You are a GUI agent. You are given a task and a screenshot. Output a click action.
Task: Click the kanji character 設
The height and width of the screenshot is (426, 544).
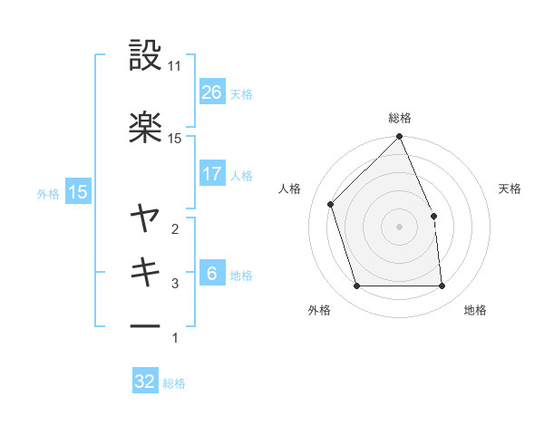click(x=146, y=55)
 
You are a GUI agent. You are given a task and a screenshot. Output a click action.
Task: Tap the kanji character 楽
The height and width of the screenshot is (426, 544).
click(x=146, y=127)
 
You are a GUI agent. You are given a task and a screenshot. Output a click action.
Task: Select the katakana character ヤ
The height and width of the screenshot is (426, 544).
click(x=146, y=218)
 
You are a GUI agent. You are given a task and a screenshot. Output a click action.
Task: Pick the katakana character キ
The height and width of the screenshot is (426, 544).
click(x=146, y=271)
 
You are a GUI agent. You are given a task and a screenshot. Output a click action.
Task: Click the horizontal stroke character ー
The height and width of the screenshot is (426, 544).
click(x=146, y=325)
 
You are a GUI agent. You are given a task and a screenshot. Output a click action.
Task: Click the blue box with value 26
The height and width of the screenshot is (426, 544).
click(x=211, y=92)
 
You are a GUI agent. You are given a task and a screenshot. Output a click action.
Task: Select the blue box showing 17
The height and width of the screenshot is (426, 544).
click(x=211, y=174)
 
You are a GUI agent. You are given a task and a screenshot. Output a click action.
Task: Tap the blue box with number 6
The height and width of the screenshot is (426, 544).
click(x=211, y=274)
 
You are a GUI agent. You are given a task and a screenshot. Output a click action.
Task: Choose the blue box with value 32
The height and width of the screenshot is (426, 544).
click(x=145, y=382)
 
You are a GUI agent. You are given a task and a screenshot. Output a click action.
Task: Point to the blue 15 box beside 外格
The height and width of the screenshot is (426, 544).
click(x=78, y=191)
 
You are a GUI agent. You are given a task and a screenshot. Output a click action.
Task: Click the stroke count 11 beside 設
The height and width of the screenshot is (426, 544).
click(x=176, y=66)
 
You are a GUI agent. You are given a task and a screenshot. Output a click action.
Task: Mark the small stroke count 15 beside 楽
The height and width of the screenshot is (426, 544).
click(x=176, y=138)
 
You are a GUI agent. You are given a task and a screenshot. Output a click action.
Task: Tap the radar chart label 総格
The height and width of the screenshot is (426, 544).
click(x=400, y=118)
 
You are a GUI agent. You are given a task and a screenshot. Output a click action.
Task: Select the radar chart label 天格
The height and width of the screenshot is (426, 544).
click(x=510, y=189)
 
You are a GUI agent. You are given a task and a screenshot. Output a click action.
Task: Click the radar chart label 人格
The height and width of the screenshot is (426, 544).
click(x=290, y=189)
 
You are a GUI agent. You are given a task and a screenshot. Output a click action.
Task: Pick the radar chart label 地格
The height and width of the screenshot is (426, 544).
click(x=475, y=311)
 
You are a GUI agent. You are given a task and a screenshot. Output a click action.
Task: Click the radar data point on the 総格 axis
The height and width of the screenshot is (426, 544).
click(x=400, y=138)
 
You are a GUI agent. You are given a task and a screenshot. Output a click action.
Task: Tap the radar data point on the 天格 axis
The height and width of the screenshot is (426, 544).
click(x=433, y=216)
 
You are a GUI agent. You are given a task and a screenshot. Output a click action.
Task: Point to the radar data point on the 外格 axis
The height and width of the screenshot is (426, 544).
click(x=357, y=286)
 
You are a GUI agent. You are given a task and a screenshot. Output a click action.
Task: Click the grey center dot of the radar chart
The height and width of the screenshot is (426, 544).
click(x=400, y=227)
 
